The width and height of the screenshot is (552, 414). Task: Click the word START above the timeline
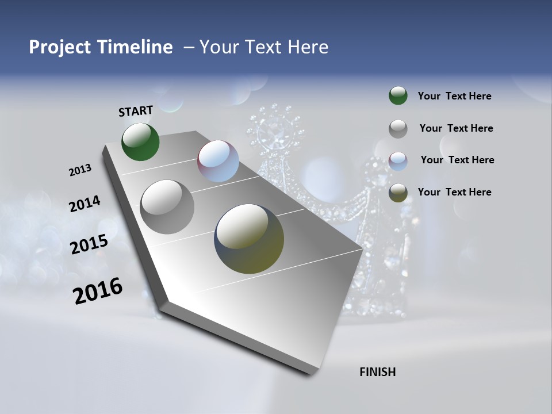pyautogui.click(x=136, y=111)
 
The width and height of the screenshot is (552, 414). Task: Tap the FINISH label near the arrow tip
pyautogui.click(x=377, y=372)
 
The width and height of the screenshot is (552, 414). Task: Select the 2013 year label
pyautogui.click(x=80, y=170)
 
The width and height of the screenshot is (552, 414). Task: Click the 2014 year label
pyautogui.click(x=85, y=204)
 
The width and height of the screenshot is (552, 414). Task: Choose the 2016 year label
pyautogui.click(x=98, y=291)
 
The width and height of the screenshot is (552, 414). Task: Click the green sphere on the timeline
pyautogui.click(x=140, y=142)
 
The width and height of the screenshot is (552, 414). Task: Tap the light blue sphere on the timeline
pyautogui.click(x=218, y=161)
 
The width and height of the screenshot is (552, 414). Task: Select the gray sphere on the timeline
pyautogui.click(x=167, y=207)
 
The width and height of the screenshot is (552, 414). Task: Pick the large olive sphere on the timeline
pyautogui.click(x=249, y=239)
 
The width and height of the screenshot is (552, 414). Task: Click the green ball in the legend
pyautogui.click(x=398, y=95)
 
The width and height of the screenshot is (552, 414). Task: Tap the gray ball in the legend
pyautogui.click(x=398, y=129)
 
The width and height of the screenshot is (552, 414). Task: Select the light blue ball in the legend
pyautogui.click(x=398, y=160)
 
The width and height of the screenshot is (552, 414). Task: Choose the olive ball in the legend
pyautogui.click(x=398, y=193)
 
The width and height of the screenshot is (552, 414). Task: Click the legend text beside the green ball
pyautogui.click(x=454, y=96)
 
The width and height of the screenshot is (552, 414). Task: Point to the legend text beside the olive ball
pyautogui.click(x=454, y=192)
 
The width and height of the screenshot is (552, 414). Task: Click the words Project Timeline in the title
pyautogui.click(x=101, y=47)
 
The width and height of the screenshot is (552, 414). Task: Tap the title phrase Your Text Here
pyautogui.click(x=263, y=47)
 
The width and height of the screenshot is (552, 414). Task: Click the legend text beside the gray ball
pyautogui.click(x=456, y=128)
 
